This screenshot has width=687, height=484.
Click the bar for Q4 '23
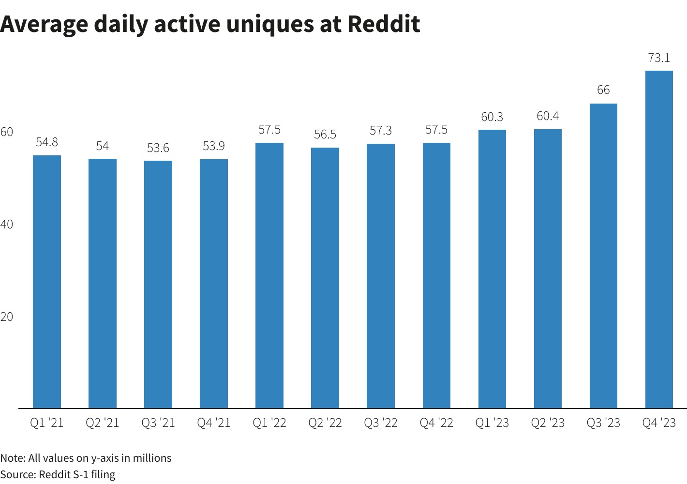pyautogui.click(x=659, y=240)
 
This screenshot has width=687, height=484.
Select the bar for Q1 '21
pyautogui.click(x=47, y=282)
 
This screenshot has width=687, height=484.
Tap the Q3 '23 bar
pyautogui.click(x=603, y=256)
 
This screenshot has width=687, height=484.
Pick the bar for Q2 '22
pyautogui.click(x=325, y=278)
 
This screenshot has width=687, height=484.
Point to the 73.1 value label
pyautogui.click(x=659, y=58)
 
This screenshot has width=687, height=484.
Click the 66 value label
pyautogui.click(x=603, y=90)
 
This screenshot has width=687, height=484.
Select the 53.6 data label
pyautogui.click(x=158, y=148)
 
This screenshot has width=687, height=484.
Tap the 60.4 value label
pyautogui.click(x=548, y=116)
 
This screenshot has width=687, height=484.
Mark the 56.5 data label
pyautogui.click(x=325, y=135)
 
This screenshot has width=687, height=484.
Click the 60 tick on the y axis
pyautogui.click(x=7, y=132)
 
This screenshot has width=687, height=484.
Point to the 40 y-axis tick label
pyautogui.click(x=7, y=225)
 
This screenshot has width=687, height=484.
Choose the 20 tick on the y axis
pyautogui.click(x=7, y=317)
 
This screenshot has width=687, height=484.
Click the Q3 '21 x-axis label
pyautogui.click(x=158, y=423)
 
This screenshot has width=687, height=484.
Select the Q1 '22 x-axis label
pyautogui.click(x=269, y=423)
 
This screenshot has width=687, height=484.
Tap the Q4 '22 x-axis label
pyautogui.click(x=436, y=423)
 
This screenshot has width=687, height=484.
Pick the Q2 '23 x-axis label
pyautogui.click(x=548, y=423)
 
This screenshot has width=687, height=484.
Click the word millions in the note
pyautogui.click(x=152, y=458)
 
